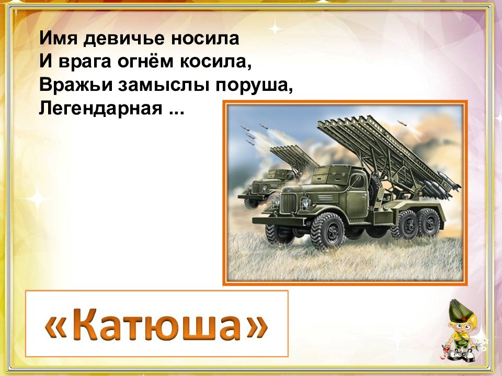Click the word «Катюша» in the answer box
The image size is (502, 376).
(x=156, y=324)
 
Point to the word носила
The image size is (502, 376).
(x=205, y=39)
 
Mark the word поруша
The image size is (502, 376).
(x=254, y=86)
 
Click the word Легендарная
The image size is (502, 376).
(x=100, y=109)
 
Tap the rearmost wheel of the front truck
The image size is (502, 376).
(x=428, y=223)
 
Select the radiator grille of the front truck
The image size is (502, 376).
(x=289, y=204)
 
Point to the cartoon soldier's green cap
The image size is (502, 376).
(x=459, y=310)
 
